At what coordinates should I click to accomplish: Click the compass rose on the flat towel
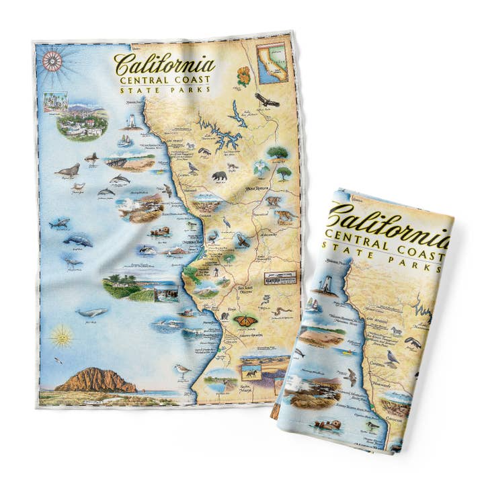(52, 61)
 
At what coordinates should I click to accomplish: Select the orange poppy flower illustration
(244, 75)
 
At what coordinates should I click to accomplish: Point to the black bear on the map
(219, 176)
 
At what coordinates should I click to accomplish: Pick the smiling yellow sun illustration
(61, 335)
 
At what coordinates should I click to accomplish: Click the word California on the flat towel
(164, 65)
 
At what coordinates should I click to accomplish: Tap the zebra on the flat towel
(190, 146)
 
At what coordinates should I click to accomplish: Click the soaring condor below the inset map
(266, 100)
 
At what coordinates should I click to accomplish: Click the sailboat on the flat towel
(126, 140)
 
